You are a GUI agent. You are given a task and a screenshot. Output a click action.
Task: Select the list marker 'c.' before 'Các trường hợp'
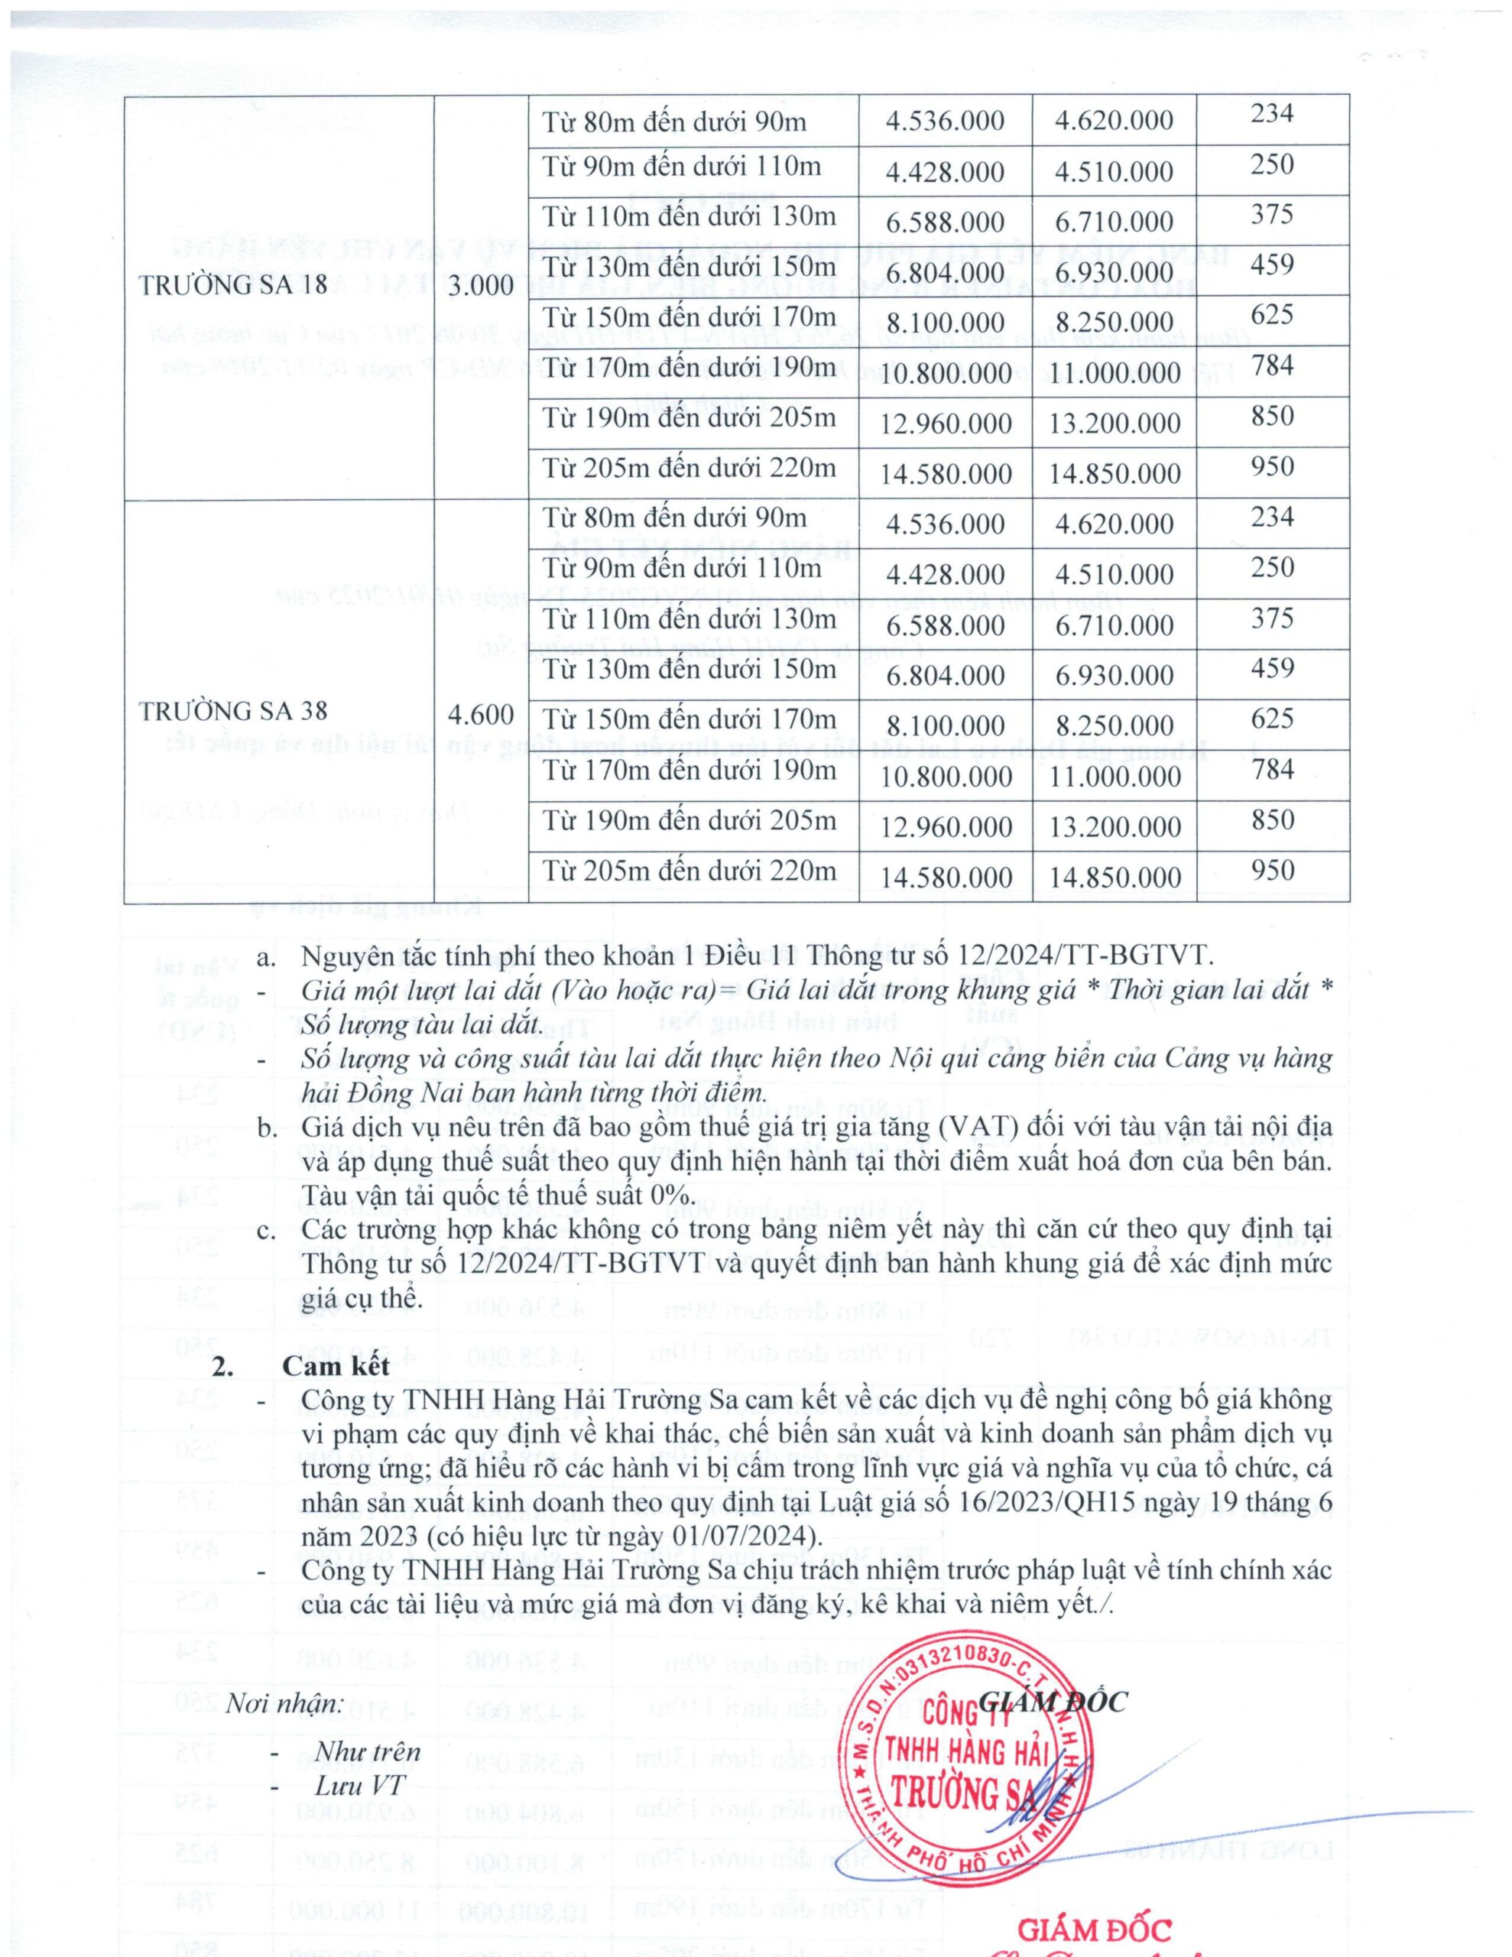click(266, 1228)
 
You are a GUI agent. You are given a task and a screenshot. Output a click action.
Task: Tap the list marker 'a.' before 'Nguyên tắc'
click(266, 957)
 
